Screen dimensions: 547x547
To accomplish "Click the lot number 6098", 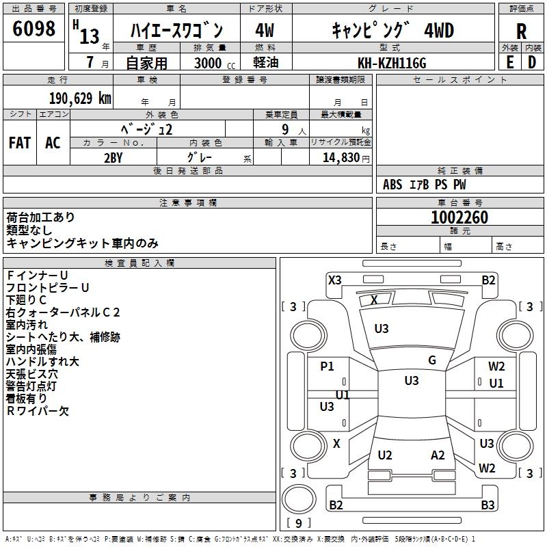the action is (x=35, y=29).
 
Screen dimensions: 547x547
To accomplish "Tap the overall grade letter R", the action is (x=522, y=31).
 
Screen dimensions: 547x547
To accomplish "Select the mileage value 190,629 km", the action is (x=80, y=98).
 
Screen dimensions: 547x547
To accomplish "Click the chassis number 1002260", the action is (x=459, y=218).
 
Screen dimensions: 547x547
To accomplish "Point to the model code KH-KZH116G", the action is (x=392, y=63).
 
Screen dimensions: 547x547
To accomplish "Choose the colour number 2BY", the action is (x=113, y=157).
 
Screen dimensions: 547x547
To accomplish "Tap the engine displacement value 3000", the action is (x=208, y=64).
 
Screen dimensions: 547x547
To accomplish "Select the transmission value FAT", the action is (x=20, y=143).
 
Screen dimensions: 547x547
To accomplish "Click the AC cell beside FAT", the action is (x=53, y=143).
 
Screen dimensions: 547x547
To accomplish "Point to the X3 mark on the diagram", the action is (x=335, y=280).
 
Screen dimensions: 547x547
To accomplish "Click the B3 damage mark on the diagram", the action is (x=488, y=505).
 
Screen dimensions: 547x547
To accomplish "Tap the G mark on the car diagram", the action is (x=432, y=360).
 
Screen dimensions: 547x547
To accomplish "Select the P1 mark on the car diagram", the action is (x=328, y=366).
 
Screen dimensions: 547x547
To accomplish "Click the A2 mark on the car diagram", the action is (x=438, y=455).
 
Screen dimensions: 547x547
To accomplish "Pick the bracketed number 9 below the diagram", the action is (x=298, y=524).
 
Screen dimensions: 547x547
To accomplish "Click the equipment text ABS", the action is (x=392, y=185).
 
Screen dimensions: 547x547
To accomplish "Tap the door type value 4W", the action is (x=265, y=31).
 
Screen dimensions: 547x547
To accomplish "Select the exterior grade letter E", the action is (x=509, y=62).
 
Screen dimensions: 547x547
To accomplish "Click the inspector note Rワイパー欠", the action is (x=38, y=411).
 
